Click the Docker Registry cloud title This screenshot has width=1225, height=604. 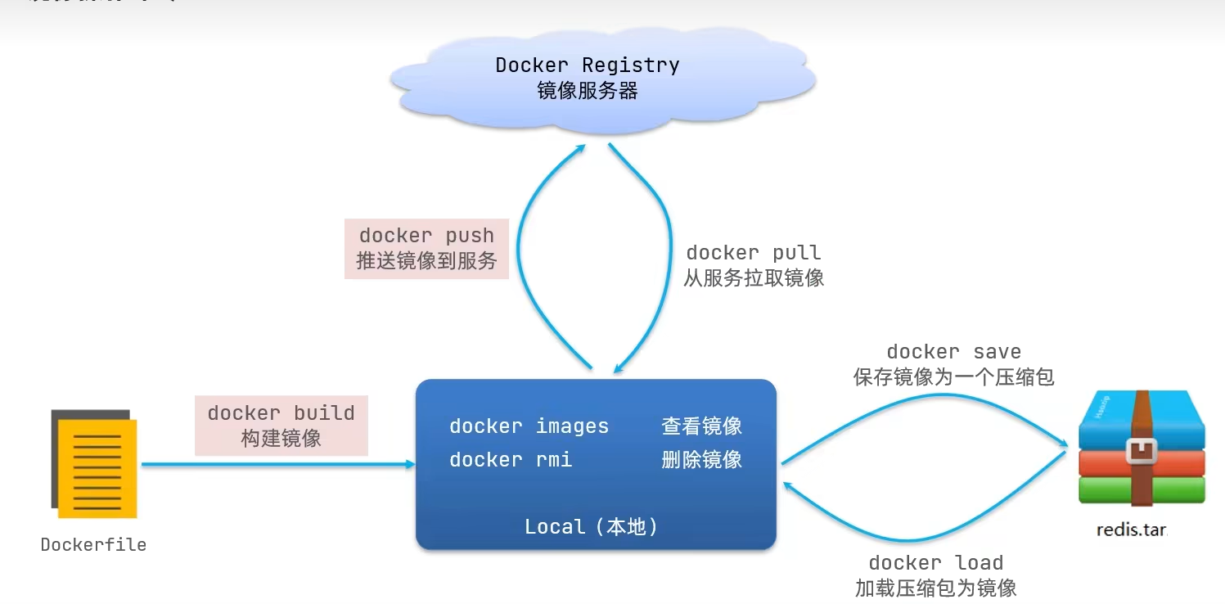pos(588,65)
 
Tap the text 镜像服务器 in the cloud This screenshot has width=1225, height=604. pos(588,91)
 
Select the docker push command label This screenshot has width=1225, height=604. pos(426,236)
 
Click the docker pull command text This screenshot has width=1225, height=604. pos(753,253)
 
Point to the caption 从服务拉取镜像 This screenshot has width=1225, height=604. pos(753,278)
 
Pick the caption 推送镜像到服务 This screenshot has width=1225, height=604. pos(426,261)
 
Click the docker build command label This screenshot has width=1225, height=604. pos(281,413)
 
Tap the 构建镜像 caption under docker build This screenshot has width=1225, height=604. pos(281,439)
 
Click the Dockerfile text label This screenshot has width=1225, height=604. pos(93,545)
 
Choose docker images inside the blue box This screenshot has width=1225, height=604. pos(529,426)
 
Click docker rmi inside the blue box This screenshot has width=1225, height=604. pos(511,460)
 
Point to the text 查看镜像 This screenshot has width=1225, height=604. pos(701,426)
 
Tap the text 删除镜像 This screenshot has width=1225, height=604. pos(701,460)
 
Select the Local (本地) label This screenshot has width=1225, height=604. pos(591,527)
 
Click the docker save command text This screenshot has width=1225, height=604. pos(953,352)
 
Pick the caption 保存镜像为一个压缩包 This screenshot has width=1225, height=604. pos(953,377)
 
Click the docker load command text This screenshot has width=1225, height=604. pos(935,563)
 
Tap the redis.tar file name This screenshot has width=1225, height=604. pos(1131,530)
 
